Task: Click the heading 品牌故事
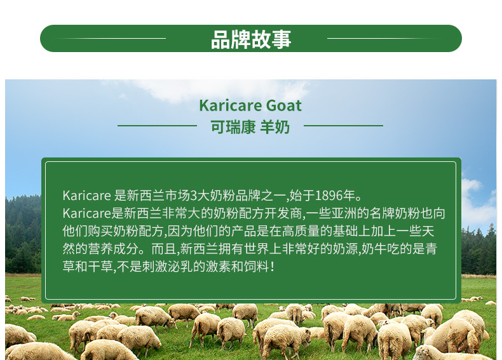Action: coord(251,39)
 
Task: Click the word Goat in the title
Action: coord(283,105)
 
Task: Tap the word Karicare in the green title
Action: coord(231,105)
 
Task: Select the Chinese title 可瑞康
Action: coord(233,127)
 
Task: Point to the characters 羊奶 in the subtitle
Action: coord(275,127)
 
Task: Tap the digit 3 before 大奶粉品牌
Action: coord(193,195)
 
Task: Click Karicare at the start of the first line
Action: coord(87,195)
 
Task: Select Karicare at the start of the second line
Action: coord(87,213)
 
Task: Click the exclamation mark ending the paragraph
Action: coord(273,267)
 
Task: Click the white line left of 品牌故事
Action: coord(111,38)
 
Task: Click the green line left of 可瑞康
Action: coord(157,126)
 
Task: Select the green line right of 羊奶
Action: coord(343,126)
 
